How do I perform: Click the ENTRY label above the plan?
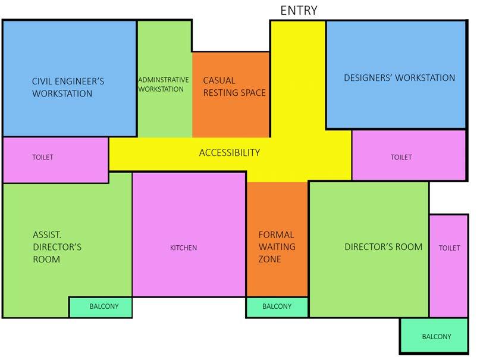(x=299, y=10)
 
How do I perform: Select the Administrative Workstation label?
(x=164, y=84)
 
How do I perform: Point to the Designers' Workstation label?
(x=399, y=78)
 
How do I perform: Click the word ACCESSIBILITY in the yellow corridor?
(x=229, y=153)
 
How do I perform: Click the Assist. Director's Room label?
(x=57, y=247)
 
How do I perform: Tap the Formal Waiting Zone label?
(x=276, y=247)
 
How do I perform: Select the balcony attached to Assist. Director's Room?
(x=100, y=307)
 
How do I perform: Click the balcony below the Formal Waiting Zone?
(x=277, y=307)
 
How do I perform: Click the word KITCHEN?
(x=183, y=248)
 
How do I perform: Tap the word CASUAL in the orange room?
(x=219, y=80)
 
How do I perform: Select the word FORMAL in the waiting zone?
(x=276, y=235)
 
